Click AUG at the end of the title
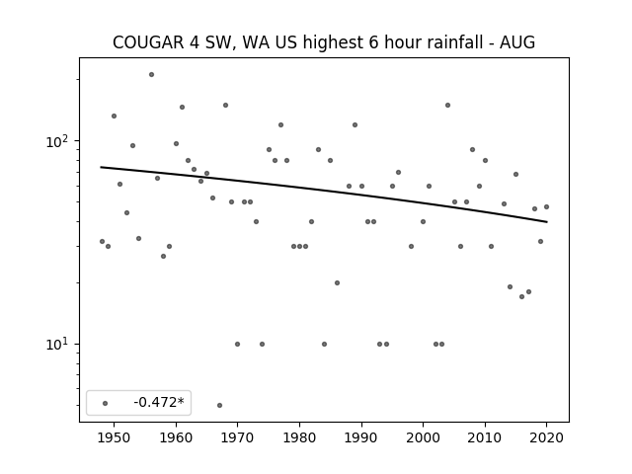pos(517,42)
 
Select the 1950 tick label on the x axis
pos(115,437)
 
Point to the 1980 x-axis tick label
pos(299,437)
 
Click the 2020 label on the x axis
pos(546,437)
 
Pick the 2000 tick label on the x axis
pos(423,437)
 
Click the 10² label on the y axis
pos(58,141)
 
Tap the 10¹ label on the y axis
pos(58,345)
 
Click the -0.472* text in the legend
pos(159,402)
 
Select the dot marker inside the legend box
pos(106,403)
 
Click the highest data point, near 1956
pos(151,75)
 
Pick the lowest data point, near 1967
pos(219,405)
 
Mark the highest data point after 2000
pos(447,106)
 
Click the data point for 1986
pos(338,283)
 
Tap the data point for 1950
pos(115,117)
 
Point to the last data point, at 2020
pos(546,206)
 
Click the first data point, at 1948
pos(102,241)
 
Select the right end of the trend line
pos(547,221)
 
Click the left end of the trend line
pos(101,167)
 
